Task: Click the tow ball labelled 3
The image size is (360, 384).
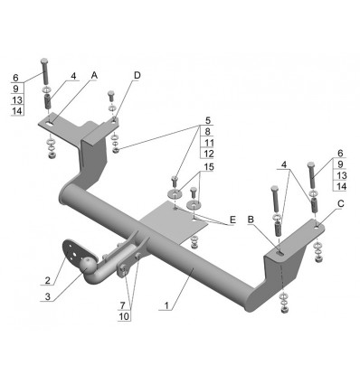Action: tap(88, 266)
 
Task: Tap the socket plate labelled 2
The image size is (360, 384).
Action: tap(75, 252)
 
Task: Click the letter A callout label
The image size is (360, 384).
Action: tap(94, 75)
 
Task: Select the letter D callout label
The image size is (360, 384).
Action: tap(137, 75)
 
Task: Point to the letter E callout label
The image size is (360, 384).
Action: tap(232, 220)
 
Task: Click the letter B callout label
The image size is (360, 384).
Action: tap(251, 220)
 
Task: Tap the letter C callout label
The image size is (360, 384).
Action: tap(340, 204)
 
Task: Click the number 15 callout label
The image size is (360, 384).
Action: tap(208, 167)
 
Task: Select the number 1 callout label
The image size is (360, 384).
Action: tap(166, 305)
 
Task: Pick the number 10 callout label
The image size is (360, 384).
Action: tap(124, 316)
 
